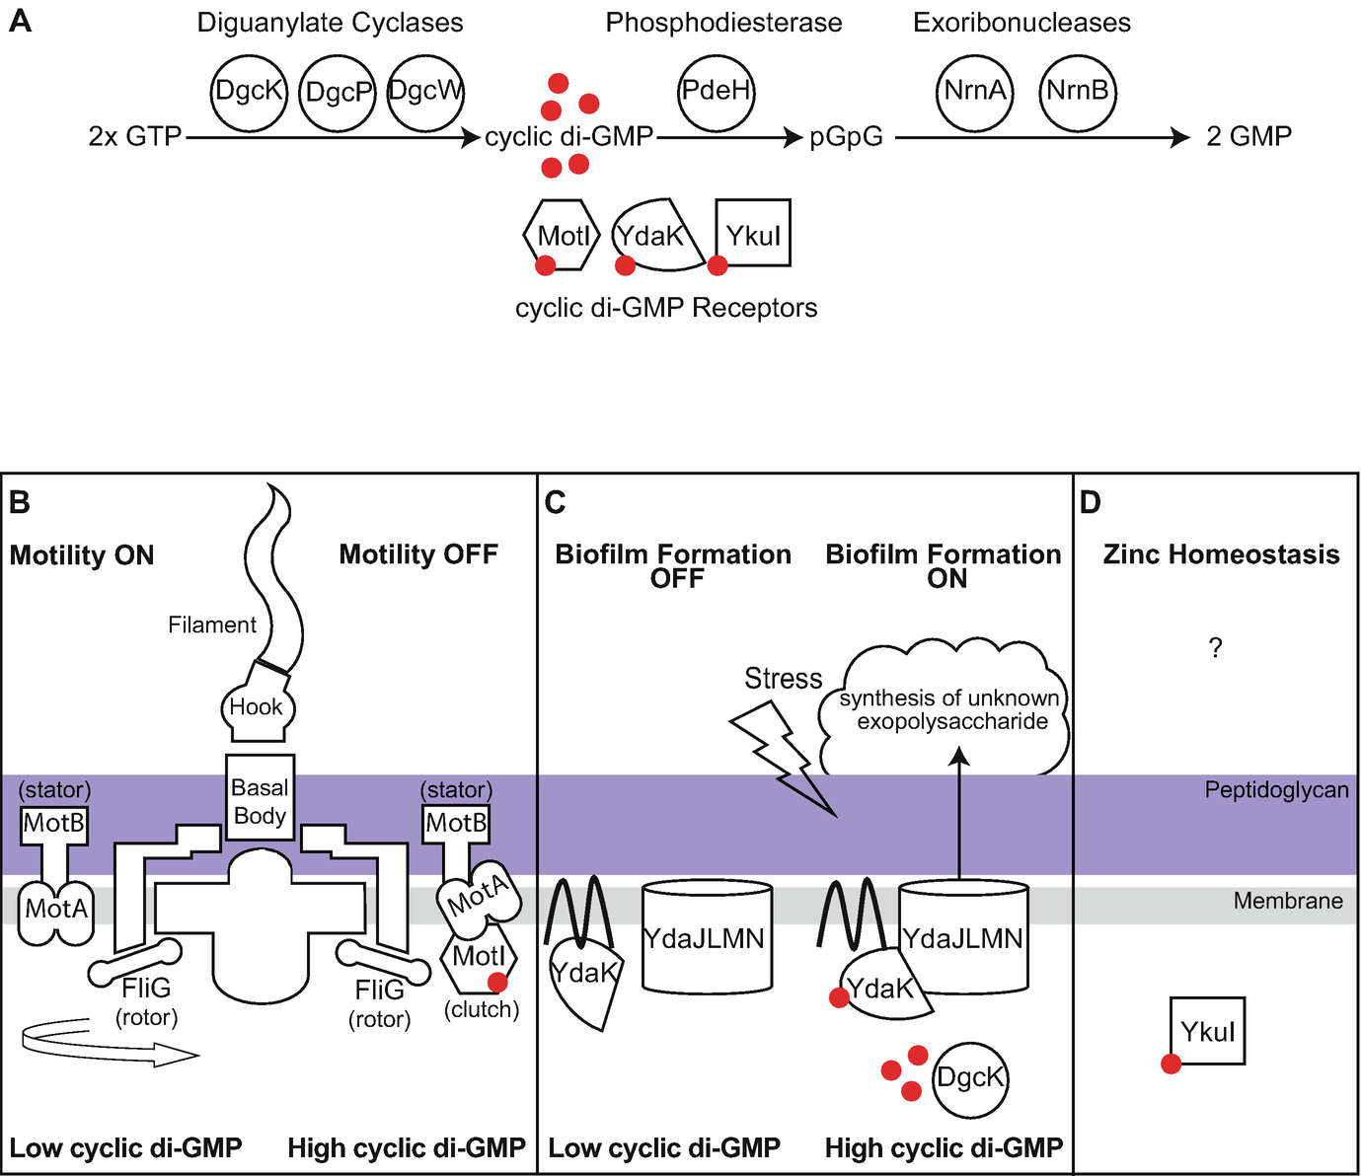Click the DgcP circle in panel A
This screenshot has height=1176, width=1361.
pos(338,93)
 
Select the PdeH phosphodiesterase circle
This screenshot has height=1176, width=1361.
pos(717,92)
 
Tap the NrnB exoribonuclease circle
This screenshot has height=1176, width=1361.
pos(1078,92)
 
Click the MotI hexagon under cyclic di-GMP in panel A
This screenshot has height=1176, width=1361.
pos(562,235)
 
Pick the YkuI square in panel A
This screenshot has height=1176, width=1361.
pos(753,234)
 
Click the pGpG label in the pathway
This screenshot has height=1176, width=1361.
pos(846,137)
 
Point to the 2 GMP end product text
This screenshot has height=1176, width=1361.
pos(1248,136)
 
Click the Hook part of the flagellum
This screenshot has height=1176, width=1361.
pos(257,707)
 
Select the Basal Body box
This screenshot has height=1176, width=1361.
pos(260,801)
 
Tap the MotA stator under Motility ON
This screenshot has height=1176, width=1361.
pos(56,909)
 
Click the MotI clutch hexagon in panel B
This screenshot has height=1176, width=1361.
pos(479,957)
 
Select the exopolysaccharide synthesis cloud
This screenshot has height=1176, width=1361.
pos(947,708)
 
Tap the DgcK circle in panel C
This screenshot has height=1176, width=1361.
pos(970,1078)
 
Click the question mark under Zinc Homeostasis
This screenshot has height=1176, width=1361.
pos(1215,648)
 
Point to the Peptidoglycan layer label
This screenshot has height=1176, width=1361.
pos(1276,790)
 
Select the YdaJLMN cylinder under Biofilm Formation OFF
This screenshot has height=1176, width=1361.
pos(706,937)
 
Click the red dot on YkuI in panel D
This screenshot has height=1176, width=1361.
pos(1171,1064)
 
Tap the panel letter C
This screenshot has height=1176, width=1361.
pos(555,503)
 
